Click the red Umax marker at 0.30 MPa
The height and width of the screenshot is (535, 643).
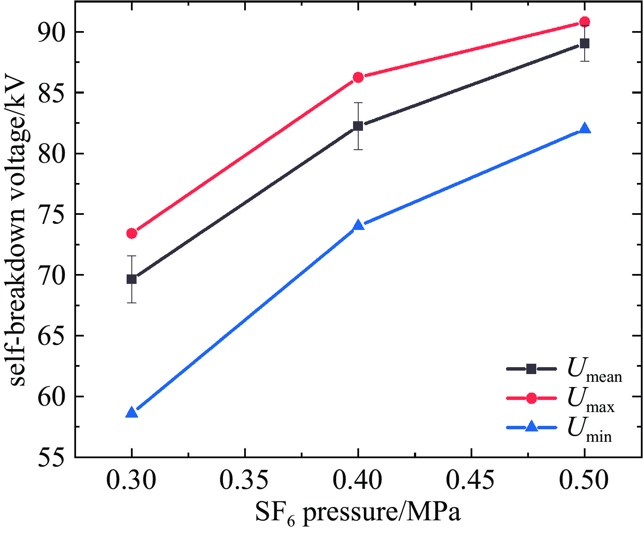click(132, 233)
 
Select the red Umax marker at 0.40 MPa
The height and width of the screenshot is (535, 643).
click(358, 77)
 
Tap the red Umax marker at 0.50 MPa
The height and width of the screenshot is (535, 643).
click(585, 22)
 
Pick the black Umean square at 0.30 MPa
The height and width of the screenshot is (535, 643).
click(132, 279)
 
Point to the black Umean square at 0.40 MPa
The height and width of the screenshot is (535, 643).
click(358, 126)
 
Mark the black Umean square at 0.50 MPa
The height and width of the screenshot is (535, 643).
click(585, 44)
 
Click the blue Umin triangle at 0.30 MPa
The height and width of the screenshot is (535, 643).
click(132, 413)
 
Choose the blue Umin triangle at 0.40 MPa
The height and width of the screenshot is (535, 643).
click(358, 226)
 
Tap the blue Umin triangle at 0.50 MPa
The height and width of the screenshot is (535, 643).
click(585, 129)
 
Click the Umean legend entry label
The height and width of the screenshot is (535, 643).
click(595, 371)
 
